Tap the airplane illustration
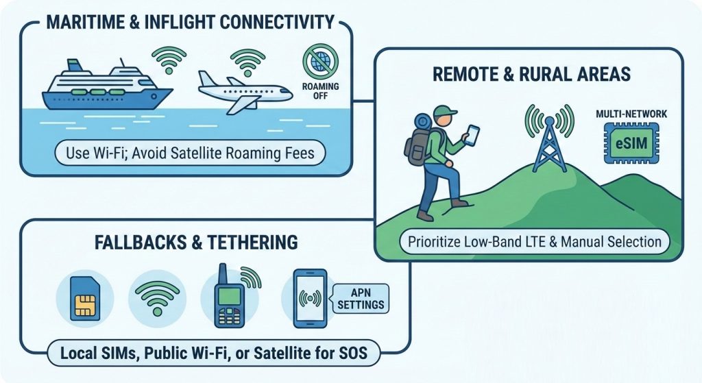click(x=244, y=92)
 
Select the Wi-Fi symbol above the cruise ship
click(x=169, y=60)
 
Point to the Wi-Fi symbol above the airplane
click(x=247, y=62)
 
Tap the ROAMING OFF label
click(x=321, y=91)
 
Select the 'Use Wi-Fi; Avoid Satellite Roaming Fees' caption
click(x=190, y=153)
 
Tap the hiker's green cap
click(x=444, y=110)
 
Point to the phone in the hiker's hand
click(x=472, y=135)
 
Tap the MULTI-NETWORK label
click(x=631, y=114)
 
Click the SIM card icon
click(x=85, y=298)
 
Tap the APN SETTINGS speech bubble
click(x=361, y=299)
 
